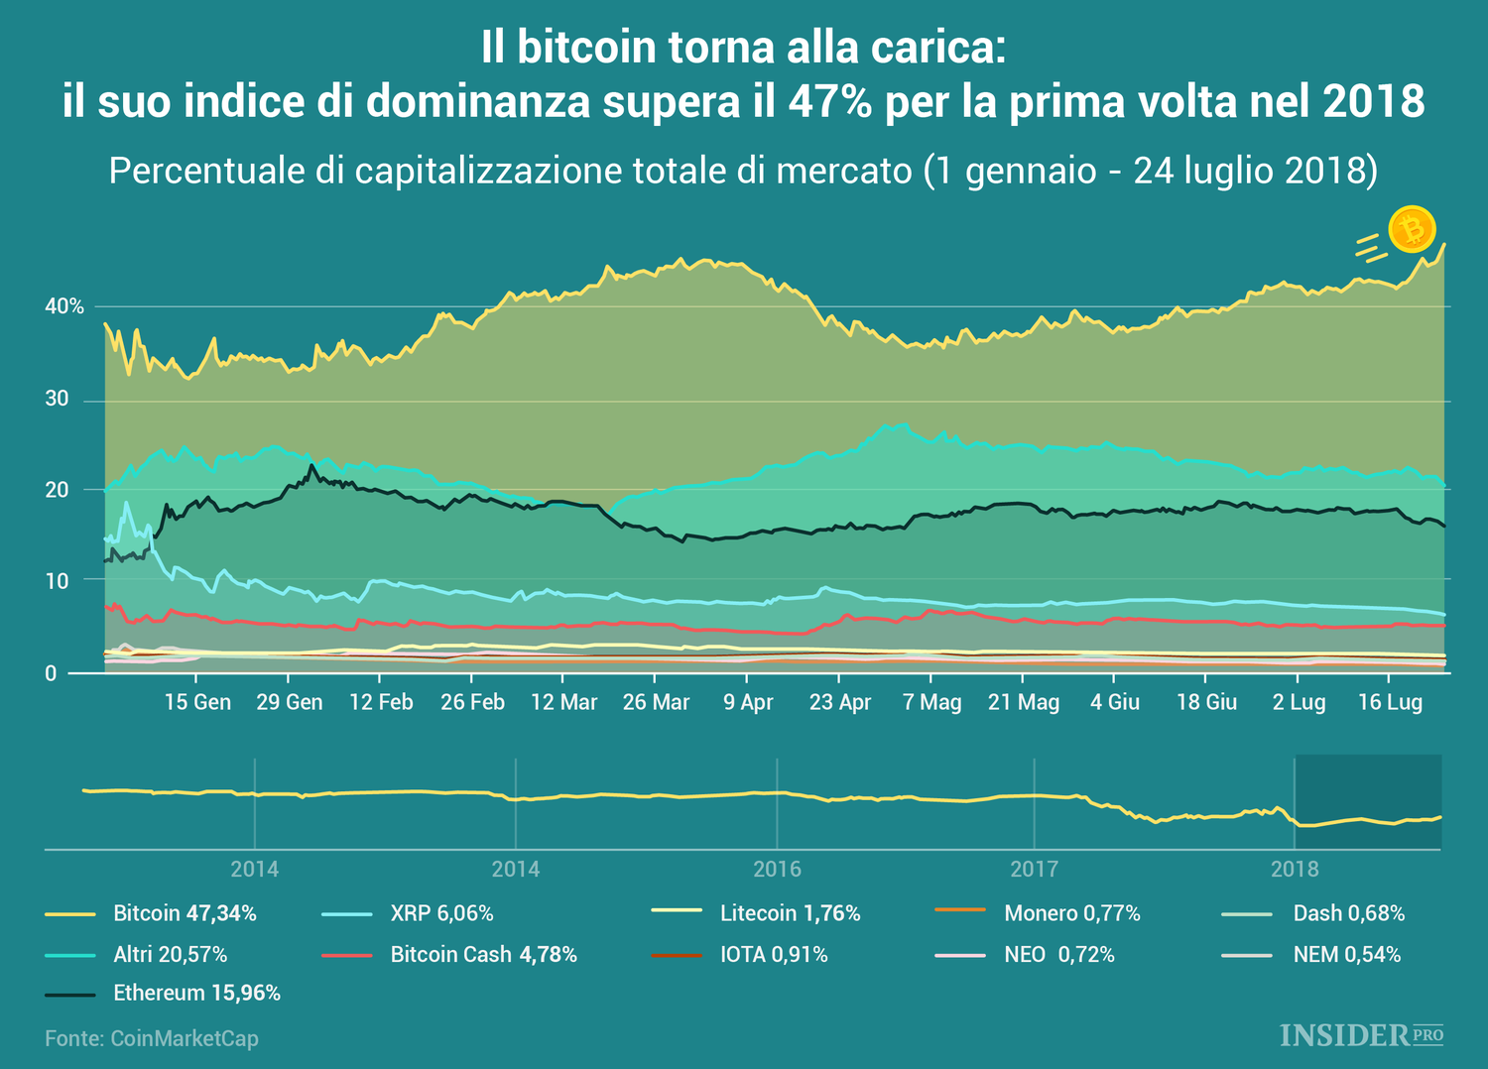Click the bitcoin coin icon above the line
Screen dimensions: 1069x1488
coord(1411,230)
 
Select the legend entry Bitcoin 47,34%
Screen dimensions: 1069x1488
coord(185,913)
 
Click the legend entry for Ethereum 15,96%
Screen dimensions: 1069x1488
coord(196,993)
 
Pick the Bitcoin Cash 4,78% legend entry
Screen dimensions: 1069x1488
coord(483,954)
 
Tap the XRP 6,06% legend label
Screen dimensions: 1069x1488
coord(441,913)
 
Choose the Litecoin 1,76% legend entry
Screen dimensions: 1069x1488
coord(790,913)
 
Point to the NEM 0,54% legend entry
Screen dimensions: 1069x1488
coord(1346,954)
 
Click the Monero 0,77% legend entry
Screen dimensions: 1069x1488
coord(1071,913)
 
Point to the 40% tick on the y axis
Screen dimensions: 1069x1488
coord(64,306)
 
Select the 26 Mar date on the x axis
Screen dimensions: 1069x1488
coord(656,702)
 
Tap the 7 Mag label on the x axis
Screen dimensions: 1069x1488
coord(931,702)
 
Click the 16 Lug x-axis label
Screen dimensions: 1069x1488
coord(1390,702)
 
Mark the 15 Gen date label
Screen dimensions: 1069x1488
coord(197,702)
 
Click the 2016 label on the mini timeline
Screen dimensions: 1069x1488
coord(777,870)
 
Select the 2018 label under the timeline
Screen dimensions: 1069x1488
coord(1295,870)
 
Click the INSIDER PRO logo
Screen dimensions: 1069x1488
coord(1361,1035)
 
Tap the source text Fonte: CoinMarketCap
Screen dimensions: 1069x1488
coord(152,1038)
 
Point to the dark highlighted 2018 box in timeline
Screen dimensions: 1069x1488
coord(1368,801)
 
